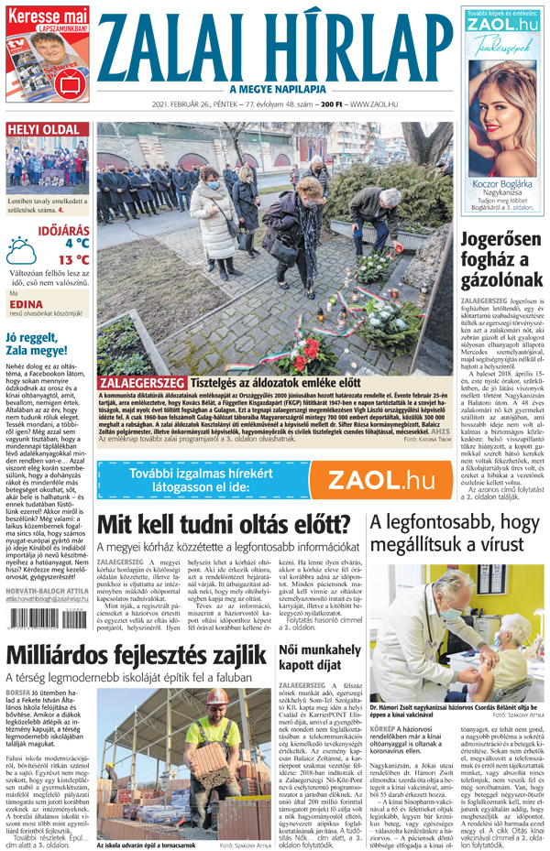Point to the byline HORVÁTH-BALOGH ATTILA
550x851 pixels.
[46, 593]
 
